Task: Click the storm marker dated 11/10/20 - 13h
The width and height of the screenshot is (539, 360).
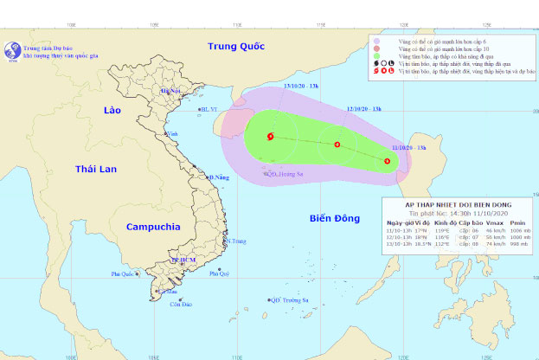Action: [x=387, y=160]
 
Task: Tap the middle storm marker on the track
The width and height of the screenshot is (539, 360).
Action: [x=337, y=145]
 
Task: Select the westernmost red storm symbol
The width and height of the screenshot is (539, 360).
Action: [x=271, y=136]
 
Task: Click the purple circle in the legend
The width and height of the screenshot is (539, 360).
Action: [x=377, y=40]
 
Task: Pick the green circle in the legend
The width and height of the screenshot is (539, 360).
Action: [x=377, y=55]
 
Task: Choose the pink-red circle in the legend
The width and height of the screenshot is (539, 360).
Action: [x=377, y=48]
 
